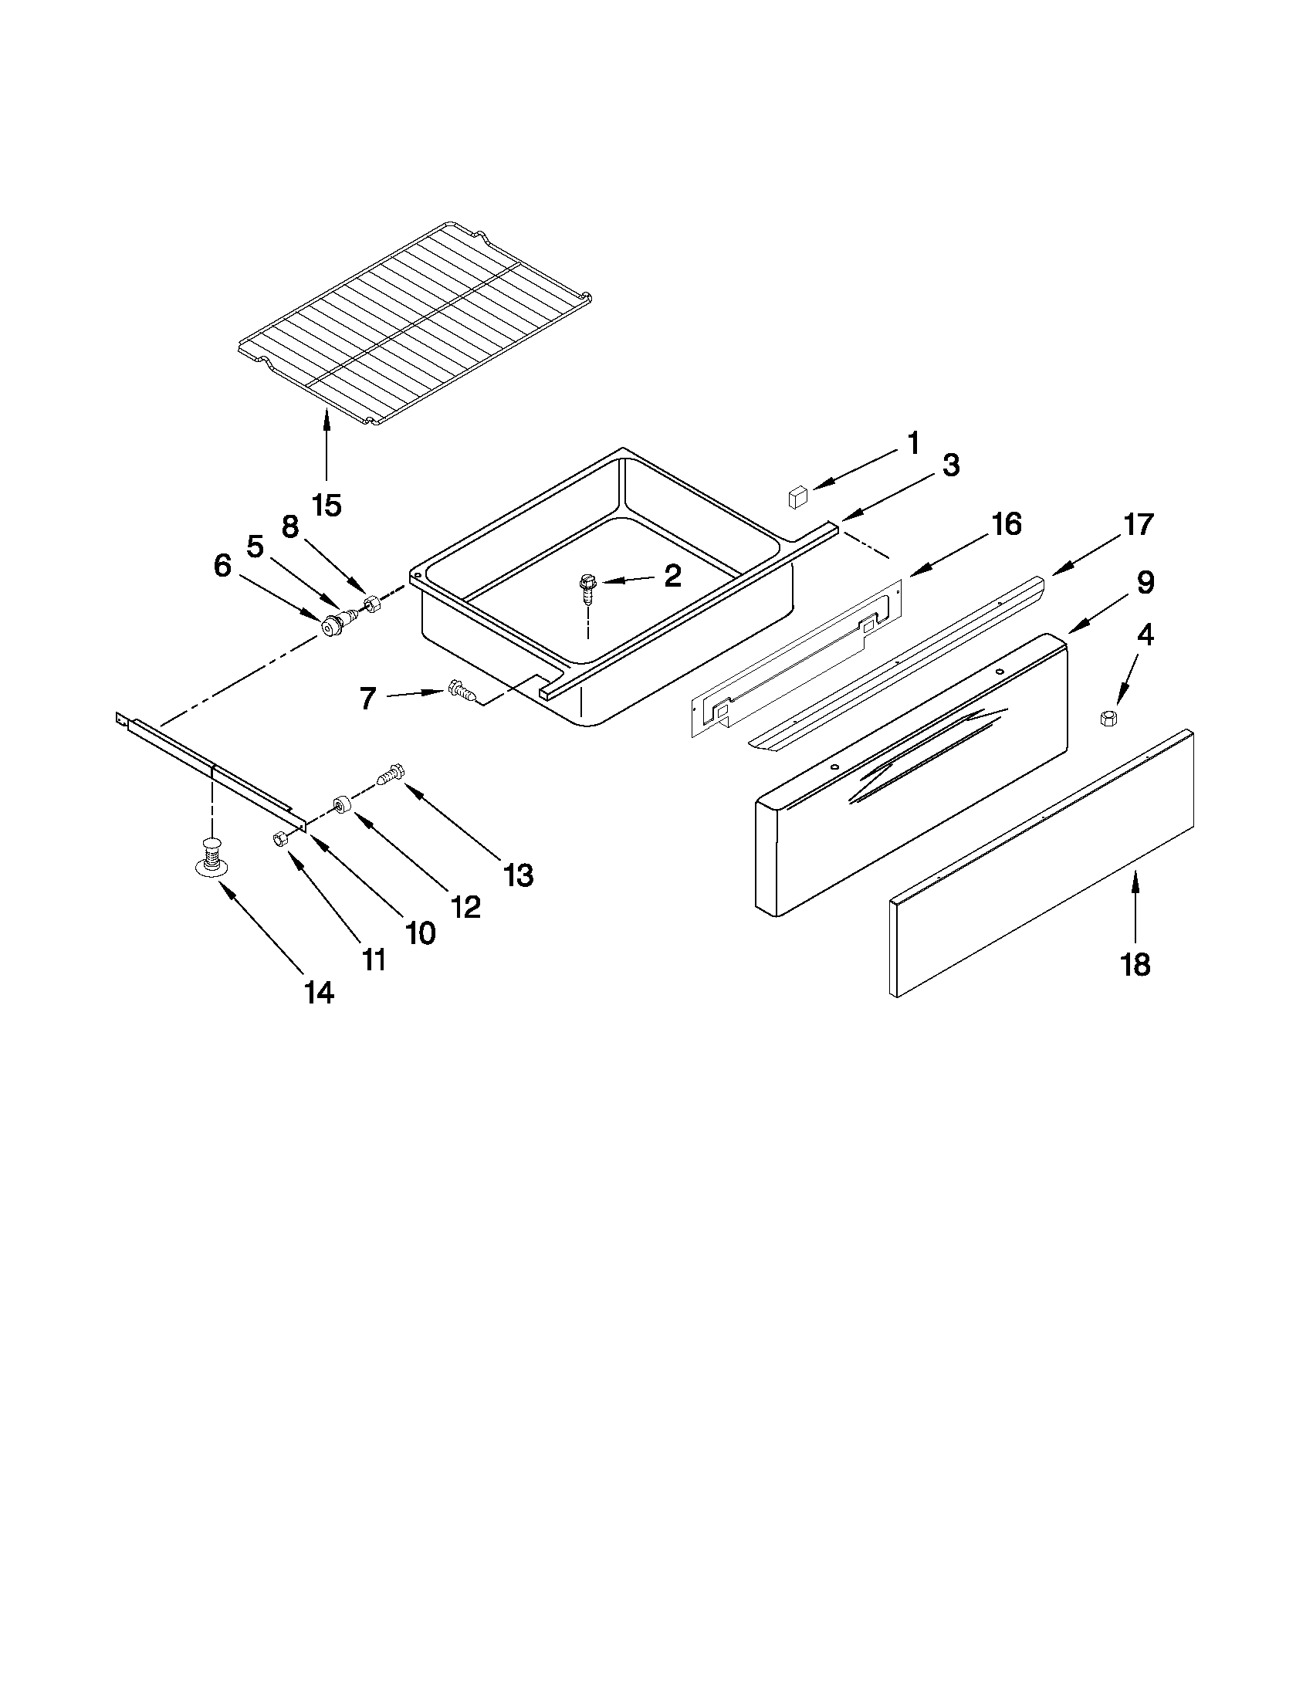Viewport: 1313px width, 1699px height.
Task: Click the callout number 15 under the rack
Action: (x=327, y=505)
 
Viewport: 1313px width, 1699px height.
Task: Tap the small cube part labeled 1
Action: (x=798, y=496)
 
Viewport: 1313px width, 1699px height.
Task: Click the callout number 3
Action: (x=950, y=465)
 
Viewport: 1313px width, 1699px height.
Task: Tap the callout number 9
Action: (x=1145, y=582)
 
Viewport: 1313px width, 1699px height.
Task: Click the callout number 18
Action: (x=1135, y=965)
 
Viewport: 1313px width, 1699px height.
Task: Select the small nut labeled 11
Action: (x=278, y=838)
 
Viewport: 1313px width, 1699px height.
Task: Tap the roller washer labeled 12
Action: (x=340, y=805)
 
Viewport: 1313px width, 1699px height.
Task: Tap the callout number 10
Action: (x=421, y=932)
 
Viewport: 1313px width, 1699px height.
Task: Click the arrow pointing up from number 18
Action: (x=1135, y=902)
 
